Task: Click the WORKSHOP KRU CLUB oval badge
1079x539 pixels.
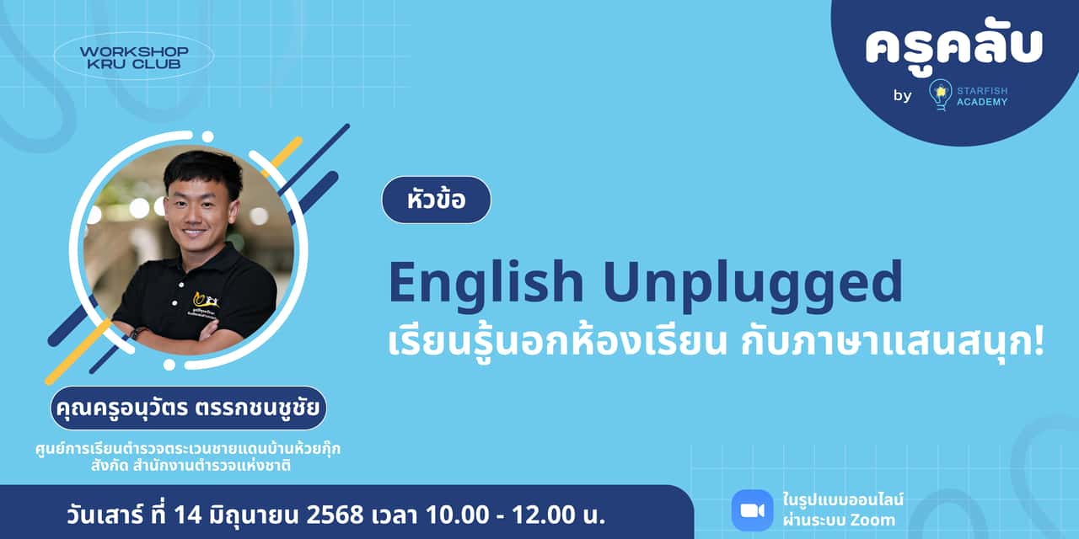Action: pyautogui.click(x=134, y=57)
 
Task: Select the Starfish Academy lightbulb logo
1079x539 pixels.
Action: pyautogui.click(x=940, y=94)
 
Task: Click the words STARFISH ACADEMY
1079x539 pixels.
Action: pyautogui.click(x=982, y=95)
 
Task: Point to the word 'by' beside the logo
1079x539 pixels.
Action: pyautogui.click(x=902, y=95)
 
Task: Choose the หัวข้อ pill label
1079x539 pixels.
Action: pyautogui.click(x=436, y=200)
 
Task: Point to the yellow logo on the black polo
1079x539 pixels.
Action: pyautogui.click(x=201, y=298)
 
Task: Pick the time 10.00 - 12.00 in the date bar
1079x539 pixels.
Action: pyautogui.click(x=507, y=513)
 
